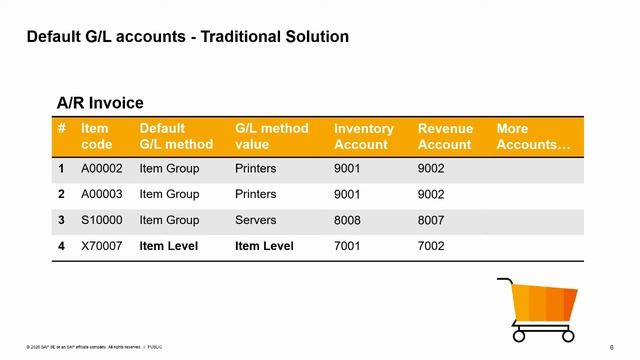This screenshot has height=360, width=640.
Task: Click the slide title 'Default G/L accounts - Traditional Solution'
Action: click(187, 37)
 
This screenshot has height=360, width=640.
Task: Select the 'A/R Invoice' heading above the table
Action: click(100, 103)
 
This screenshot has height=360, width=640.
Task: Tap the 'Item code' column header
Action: click(95, 137)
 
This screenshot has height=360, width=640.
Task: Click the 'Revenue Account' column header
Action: click(445, 137)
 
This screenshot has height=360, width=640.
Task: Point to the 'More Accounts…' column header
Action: click(533, 137)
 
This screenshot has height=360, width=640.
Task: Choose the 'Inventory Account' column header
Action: click(363, 137)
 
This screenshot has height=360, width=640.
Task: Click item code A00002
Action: click(101, 169)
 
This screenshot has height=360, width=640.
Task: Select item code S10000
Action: click(101, 220)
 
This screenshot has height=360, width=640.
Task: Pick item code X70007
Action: click(101, 246)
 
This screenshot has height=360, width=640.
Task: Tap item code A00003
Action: click(101, 194)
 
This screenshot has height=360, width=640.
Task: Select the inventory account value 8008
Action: click(347, 220)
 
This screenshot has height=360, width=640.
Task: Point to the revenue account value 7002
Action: click(431, 246)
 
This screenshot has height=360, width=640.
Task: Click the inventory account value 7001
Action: click(347, 246)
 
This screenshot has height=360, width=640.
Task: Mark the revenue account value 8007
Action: click(431, 220)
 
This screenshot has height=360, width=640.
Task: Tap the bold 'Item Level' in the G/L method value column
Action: click(264, 246)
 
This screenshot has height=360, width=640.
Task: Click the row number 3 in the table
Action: click(62, 220)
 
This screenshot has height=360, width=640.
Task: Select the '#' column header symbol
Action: click(62, 129)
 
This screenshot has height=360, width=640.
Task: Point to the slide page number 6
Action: click(611, 346)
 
